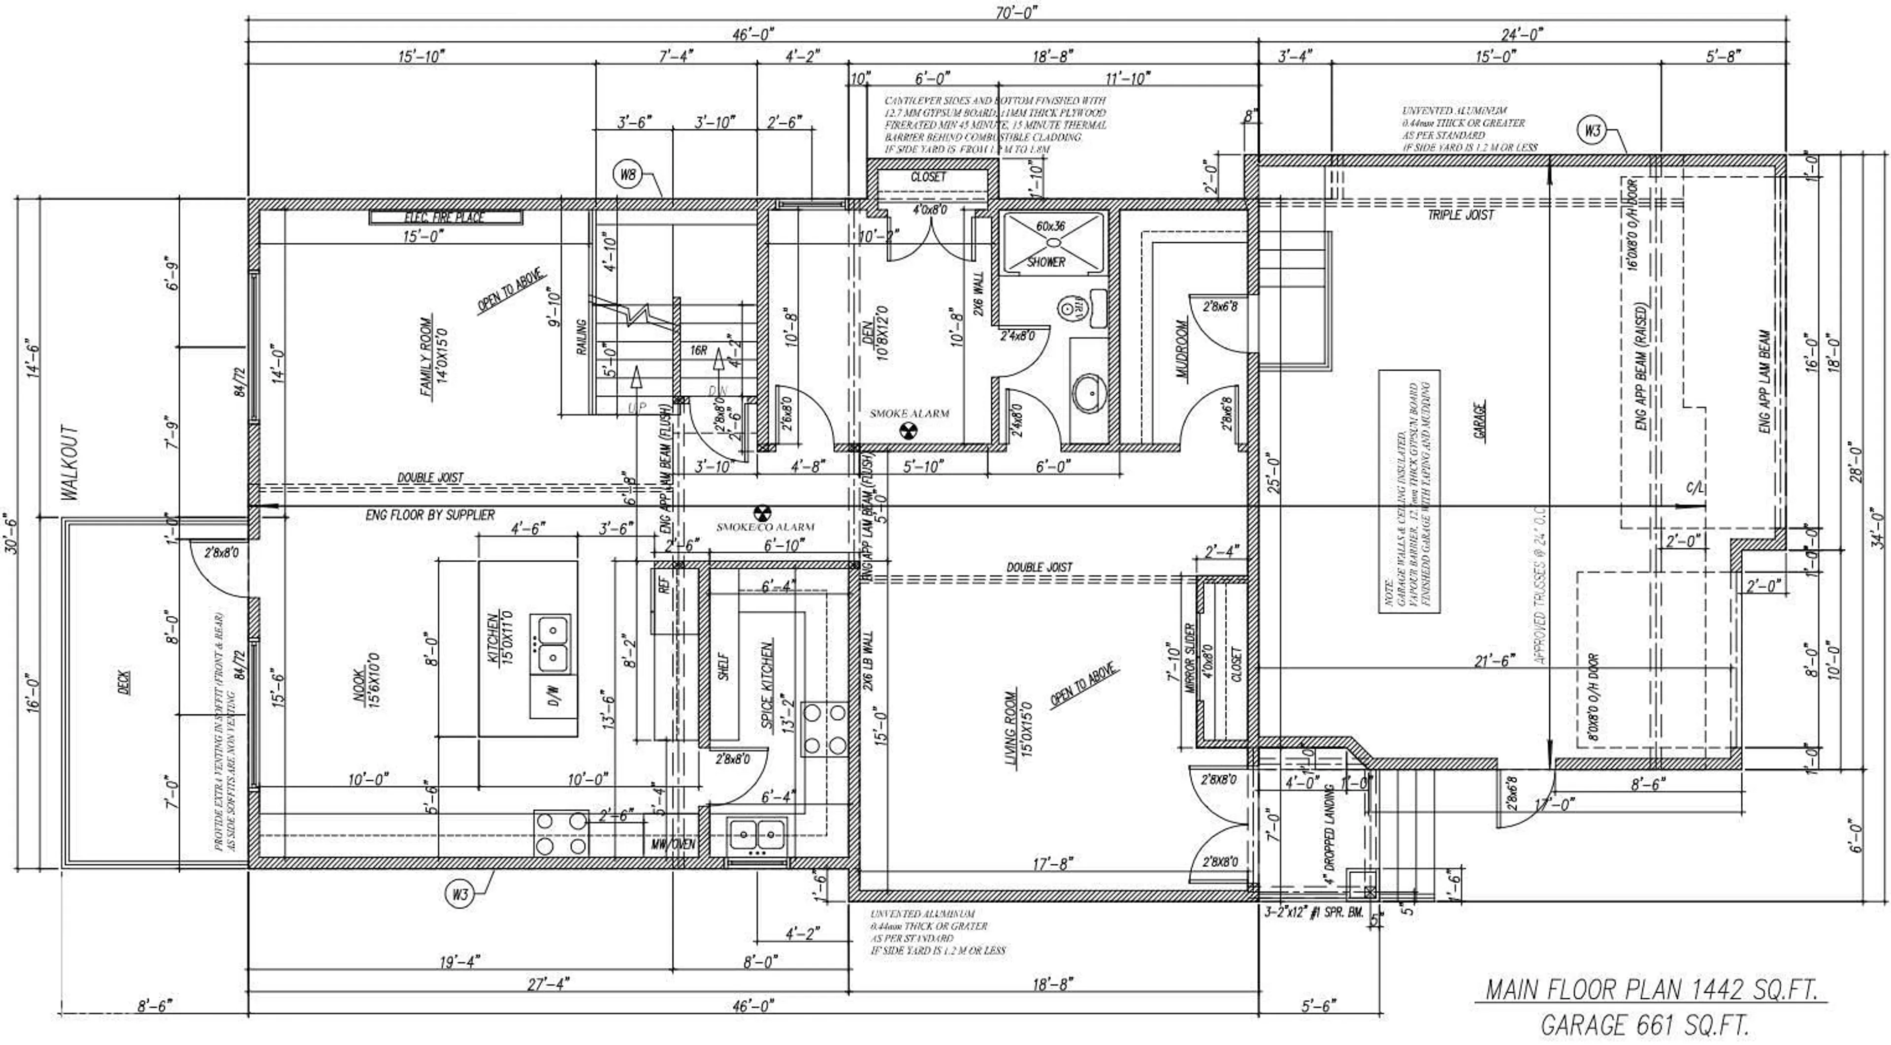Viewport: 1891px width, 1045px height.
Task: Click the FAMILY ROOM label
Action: tap(426, 357)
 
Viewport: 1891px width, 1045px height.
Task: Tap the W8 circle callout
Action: tap(628, 175)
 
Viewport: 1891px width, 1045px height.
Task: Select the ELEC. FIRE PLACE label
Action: tap(445, 217)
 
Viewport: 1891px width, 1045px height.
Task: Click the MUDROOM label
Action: tap(1181, 348)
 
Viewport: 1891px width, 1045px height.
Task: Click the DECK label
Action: tap(124, 682)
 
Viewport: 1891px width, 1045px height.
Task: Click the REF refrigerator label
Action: tap(664, 585)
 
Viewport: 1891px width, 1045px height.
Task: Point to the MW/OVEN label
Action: tap(673, 844)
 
